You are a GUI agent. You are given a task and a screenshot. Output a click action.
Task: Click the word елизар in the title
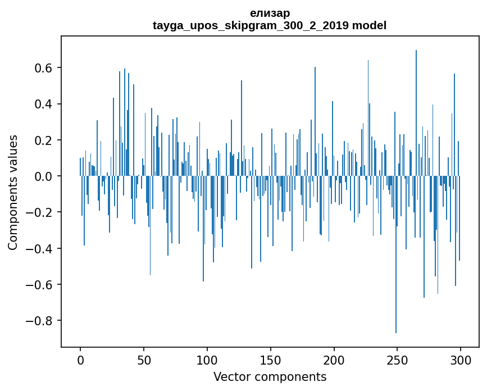[x=270, y=13]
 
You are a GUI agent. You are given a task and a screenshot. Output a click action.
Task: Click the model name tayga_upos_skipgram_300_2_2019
[x=251, y=25]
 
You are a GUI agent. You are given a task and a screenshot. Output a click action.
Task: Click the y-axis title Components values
[x=12, y=192]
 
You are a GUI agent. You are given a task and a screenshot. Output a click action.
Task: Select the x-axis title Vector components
[x=270, y=376]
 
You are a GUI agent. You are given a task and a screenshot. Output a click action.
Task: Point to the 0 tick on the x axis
[x=80, y=359]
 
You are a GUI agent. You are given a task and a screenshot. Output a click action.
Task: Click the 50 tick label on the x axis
[x=144, y=359]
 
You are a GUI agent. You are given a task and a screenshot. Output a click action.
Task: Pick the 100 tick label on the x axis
[x=207, y=359]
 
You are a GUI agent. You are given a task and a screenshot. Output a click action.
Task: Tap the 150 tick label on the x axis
[x=271, y=359]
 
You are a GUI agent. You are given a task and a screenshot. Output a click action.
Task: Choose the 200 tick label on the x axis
[x=334, y=359]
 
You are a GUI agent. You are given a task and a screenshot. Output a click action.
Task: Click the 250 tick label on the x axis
[x=398, y=359]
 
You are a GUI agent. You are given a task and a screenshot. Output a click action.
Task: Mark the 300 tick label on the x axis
[x=461, y=359]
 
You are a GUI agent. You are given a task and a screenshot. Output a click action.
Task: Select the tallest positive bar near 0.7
[x=416, y=112]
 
